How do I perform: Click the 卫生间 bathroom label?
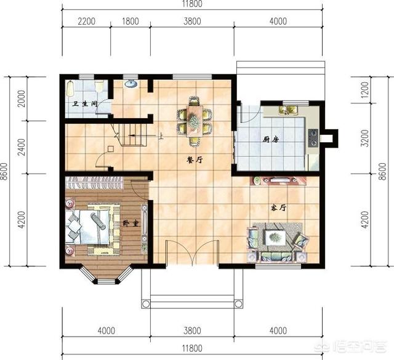pyautogui.click(x=84, y=104)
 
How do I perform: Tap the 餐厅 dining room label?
pyautogui.click(x=195, y=160)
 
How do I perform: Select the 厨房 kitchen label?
pyautogui.click(x=271, y=139)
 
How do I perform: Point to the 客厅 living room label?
pyautogui.click(x=278, y=208)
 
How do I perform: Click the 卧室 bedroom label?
pyautogui.click(x=131, y=223)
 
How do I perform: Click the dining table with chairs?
pyautogui.click(x=195, y=121)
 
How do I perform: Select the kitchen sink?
pyautogui.click(x=288, y=110)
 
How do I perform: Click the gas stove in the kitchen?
pyautogui.click(x=313, y=138)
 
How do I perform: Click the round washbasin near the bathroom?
pyautogui.click(x=131, y=84)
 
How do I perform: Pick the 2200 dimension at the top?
pyautogui.click(x=86, y=21)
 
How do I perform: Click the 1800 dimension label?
pyautogui.click(x=131, y=21)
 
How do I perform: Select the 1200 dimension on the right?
pyautogui.click(x=364, y=90)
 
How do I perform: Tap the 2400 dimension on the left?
pyautogui.click(x=22, y=147)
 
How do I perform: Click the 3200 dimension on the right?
pyautogui.click(x=364, y=138)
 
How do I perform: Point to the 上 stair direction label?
pyautogui.click(x=161, y=136)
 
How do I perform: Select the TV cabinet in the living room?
pyautogui.click(x=278, y=180)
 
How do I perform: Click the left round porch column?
pyautogui.click(x=145, y=304)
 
